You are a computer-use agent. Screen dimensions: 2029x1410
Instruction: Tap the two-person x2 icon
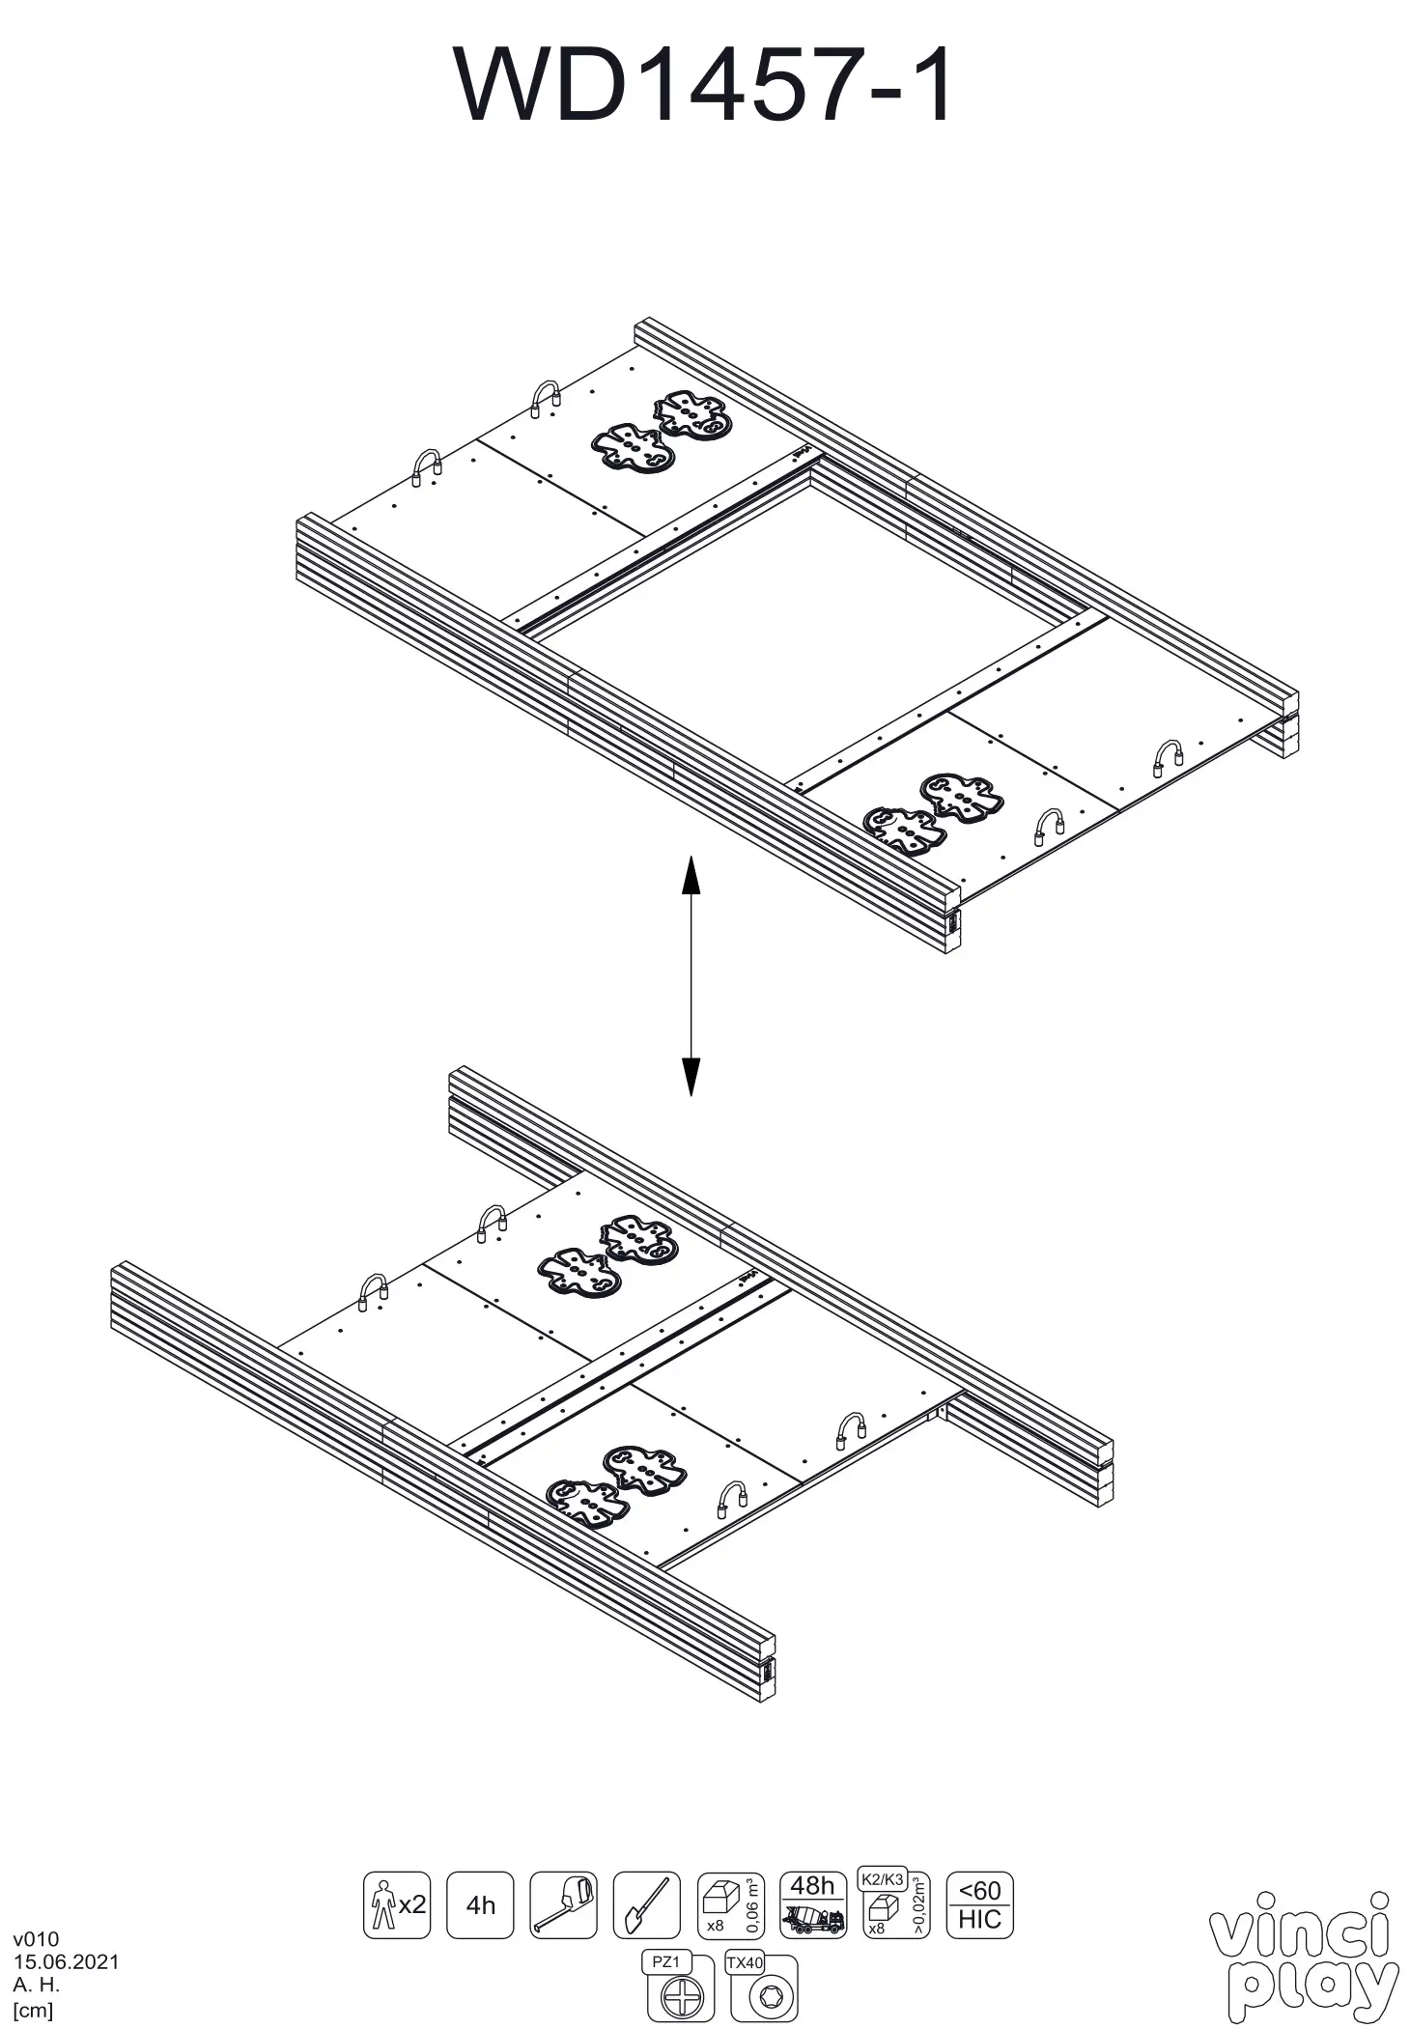pos(396,1904)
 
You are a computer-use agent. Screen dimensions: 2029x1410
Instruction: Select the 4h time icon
pos(480,1904)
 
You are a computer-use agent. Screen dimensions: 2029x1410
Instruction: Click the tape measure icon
pos(563,1904)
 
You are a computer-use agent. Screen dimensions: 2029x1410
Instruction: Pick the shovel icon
pos(646,1904)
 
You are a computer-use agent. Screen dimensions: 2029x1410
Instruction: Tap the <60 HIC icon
pos(979,1904)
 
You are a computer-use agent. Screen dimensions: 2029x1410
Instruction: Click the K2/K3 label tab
pos(881,1879)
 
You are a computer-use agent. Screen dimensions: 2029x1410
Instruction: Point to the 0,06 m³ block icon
pos(729,1904)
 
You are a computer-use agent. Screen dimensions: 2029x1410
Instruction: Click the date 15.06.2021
pos(66,1961)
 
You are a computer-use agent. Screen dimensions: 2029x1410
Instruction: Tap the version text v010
pos(36,1938)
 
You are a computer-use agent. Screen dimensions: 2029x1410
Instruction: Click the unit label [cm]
pos(33,2011)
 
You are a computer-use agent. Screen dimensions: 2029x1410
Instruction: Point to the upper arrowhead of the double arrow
pos(691,877)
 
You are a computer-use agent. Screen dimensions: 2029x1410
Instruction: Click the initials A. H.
pos(36,1986)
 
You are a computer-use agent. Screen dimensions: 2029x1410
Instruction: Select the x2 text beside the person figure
pos(412,1904)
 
